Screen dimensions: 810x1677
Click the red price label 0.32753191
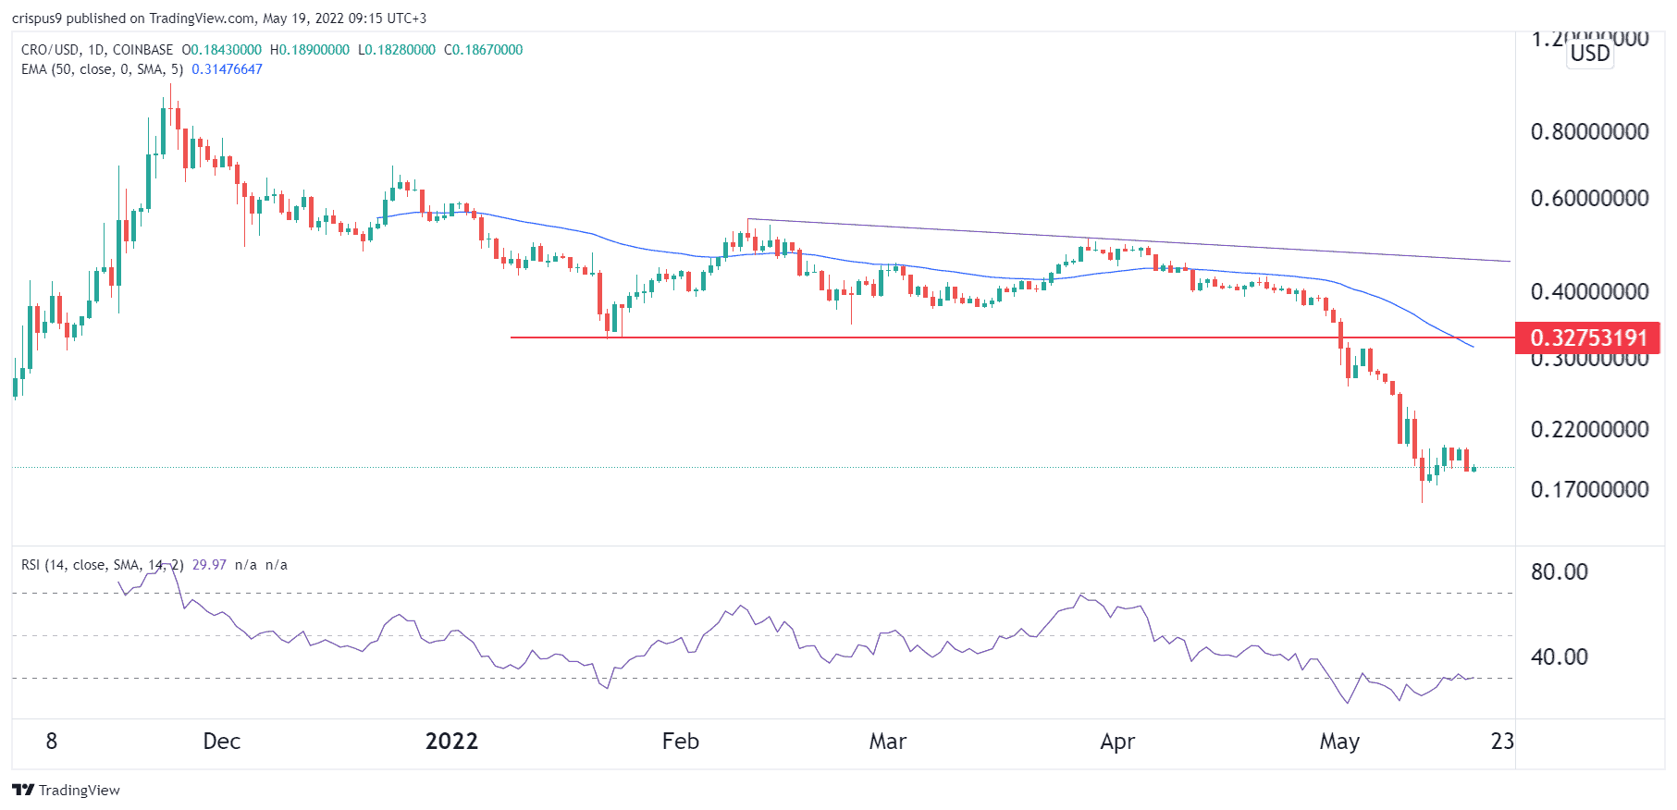pyautogui.click(x=1587, y=337)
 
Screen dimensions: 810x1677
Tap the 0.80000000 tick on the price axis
pyautogui.click(x=1589, y=131)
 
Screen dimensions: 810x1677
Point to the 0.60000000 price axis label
pyautogui.click(x=1589, y=198)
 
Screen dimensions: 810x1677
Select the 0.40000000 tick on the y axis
pyautogui.click(x=1589, y=291)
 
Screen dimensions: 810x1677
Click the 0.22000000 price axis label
pyautogui.click(x=1589, y=429)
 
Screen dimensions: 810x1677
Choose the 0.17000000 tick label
pyautogui.click(x=1589, y=489)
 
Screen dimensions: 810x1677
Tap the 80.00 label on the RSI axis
pyautogui.click(x=1559, y=571)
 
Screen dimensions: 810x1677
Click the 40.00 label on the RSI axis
pyautogui.click(x=1559, y=657)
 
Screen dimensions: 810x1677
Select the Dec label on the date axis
pyautogui.click(x=221, y=742)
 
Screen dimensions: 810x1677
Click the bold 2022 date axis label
pyautogui.click(x=451, y=742)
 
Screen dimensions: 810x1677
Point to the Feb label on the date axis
pyautogui.click(x=680, y=742)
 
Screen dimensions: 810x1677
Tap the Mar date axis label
pyautogui.click(x=887, y=742)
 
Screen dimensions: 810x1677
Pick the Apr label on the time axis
pyautogui.click(x=1117, y=742)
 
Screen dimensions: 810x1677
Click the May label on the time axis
pyautogui.click(x=1338, y=742)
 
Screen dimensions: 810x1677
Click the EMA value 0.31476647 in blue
pyautogui.click(x=227, y=69)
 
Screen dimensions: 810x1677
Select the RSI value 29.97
pyautogui.click(x=209, y=565)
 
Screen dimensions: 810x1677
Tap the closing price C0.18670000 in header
pyautogui.click(x=483, y=50)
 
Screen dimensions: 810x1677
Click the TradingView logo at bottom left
pyautogui.click(x=66, y=790)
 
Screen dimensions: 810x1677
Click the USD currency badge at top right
pyautogui.click(x=1590, y=54)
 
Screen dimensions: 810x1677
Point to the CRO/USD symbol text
pyautogui.click(x=50, y=50)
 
